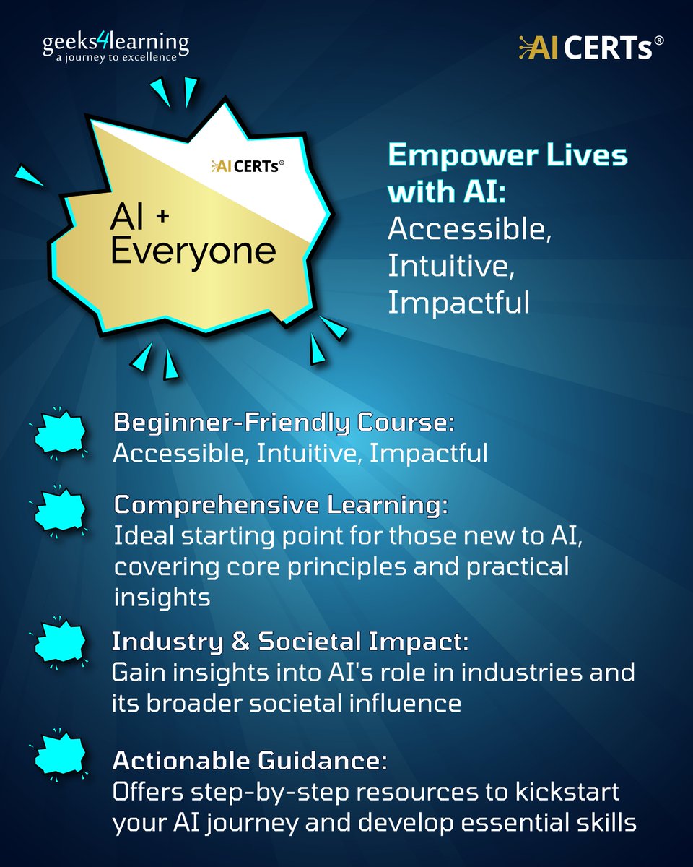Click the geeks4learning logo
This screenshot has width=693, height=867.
(115, 45)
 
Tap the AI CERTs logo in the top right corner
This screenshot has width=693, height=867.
(590, 48)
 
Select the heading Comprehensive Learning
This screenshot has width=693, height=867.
(280, 506)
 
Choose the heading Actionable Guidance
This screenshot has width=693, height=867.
(250, 761)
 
